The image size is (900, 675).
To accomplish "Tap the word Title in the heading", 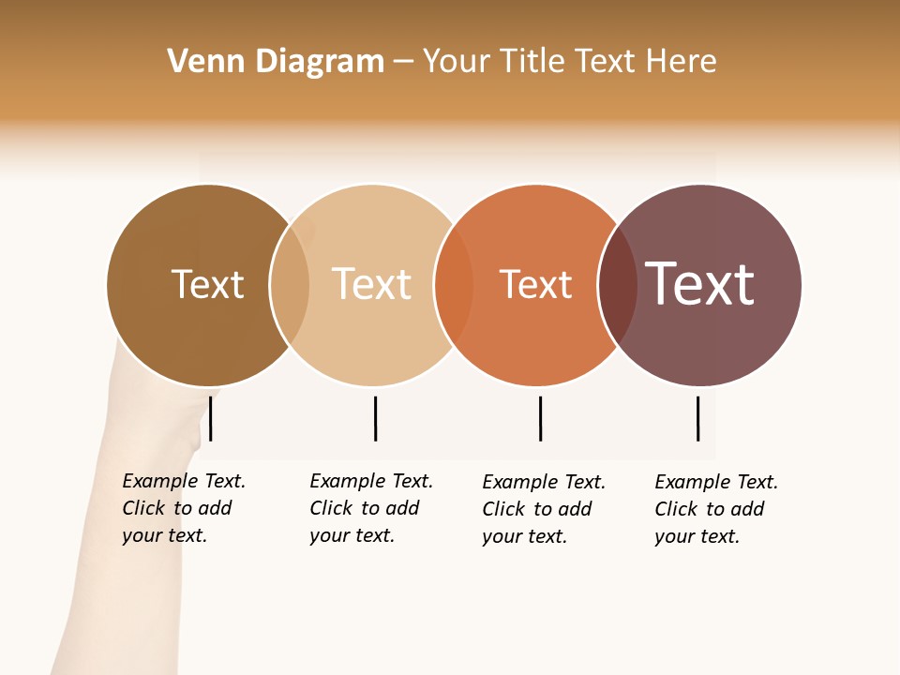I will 532,62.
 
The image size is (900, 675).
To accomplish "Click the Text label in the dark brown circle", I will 207,284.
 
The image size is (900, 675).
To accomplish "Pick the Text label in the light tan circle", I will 371,284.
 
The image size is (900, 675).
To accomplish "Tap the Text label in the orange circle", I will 535,284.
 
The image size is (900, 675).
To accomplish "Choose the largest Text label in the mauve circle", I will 700,284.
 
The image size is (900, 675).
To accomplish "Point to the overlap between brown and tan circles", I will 290,284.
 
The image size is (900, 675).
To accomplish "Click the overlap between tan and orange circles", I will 454,284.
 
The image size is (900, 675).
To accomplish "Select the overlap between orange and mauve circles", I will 618,284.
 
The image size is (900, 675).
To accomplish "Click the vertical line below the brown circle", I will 211,418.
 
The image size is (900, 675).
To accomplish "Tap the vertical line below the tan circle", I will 375,418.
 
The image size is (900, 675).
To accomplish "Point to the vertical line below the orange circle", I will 540,418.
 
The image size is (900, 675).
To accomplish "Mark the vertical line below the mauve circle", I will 697,418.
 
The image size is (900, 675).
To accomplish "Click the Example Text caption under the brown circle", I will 183,508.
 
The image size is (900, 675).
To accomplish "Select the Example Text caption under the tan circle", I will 370,508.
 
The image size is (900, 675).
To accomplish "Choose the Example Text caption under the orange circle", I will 543,509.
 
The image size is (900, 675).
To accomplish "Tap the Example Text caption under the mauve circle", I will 715,509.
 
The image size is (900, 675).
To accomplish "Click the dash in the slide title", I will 403,63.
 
